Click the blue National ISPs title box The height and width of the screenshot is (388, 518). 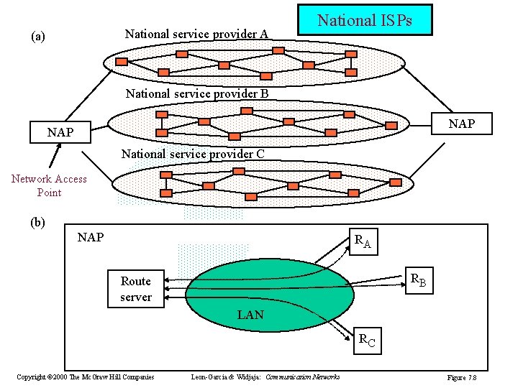click(x=365, y=20)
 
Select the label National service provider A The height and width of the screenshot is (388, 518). click(x=196, y=34)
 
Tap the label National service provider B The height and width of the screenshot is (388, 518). click(x=196, y=93)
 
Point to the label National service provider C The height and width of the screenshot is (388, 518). click(x=193, y=154)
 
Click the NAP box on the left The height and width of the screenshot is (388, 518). click(x=60, y=133)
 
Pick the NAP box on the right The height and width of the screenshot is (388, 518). click(x=461, y=124)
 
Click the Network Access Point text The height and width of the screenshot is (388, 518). click(x=49, y=185)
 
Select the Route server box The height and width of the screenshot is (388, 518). click(x=136, y=289)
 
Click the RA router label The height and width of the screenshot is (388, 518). click(x=362, y=241)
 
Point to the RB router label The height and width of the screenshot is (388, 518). click(x=418, y=281)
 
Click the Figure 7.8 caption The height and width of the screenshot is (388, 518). click(x=462, y=377)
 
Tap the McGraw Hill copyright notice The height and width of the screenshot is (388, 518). click(x=85, y=377)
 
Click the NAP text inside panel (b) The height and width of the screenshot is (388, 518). click(x=91, y=237)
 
